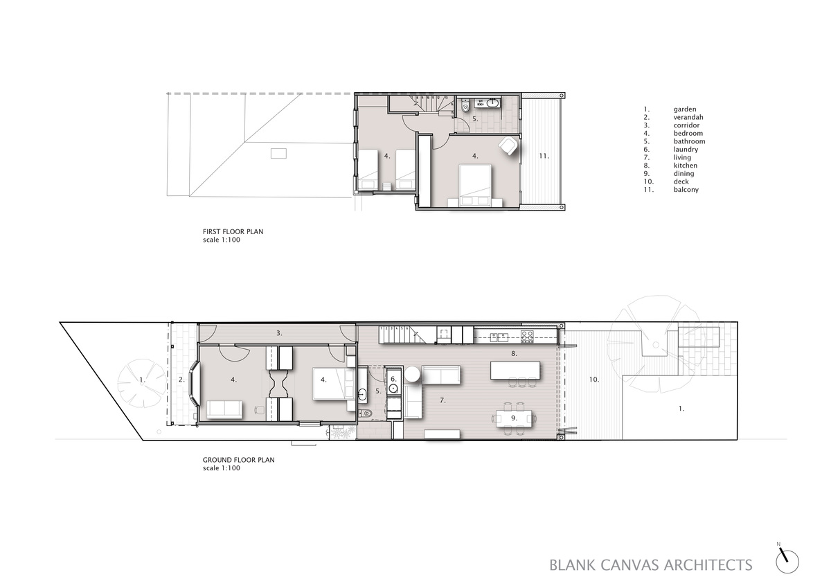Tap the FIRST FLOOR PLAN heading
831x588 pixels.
point(233,231)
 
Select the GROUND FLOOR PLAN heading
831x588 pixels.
point(238,460)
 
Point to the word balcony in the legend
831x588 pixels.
point(686,190)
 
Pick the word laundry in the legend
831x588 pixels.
point(686,150)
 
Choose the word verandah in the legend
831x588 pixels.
point(688,117)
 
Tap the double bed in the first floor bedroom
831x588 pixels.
point(475,186)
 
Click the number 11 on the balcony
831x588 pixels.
point(544,157)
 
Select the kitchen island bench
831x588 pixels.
point(515,371)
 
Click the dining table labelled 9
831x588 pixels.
point(514,418)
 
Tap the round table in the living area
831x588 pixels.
point(412,373)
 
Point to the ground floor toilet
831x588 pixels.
point(366,413)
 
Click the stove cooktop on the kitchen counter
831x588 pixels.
point(528,337)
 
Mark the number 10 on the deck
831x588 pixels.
point(594,380)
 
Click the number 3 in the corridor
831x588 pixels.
point(279,334)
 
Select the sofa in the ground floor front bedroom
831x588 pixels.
point(224,409)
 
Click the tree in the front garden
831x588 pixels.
point(142,383)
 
